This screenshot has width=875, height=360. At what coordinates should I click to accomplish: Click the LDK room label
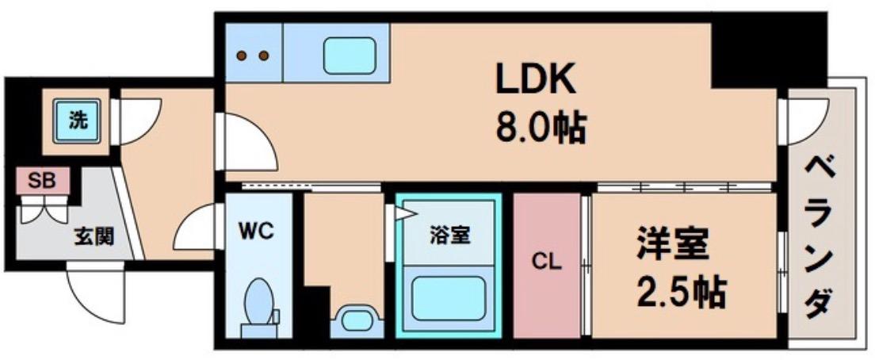point(535,79)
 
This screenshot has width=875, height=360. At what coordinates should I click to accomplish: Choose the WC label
point(258,232)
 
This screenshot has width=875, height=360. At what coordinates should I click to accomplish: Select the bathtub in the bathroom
point(448,299)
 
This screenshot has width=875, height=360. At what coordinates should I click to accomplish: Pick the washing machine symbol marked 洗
point(77,121)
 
